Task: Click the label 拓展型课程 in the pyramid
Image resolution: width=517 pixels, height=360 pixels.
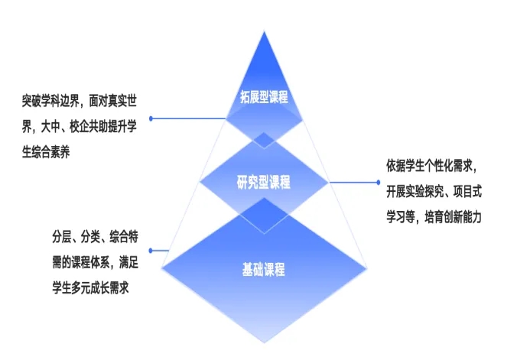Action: [x=264, y=97]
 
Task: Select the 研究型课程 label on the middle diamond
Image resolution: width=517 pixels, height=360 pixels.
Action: [x=263, y=182]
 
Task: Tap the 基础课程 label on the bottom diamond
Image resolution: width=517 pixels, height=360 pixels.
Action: [x=263, y=269]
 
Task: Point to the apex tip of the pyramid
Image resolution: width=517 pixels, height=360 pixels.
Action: [x=264, y=31]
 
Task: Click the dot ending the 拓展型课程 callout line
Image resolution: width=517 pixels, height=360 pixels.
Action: [x=151, y=118]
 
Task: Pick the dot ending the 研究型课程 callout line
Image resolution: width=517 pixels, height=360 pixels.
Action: [x=378, y=182]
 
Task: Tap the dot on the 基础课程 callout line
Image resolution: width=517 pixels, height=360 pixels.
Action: [x=151, y=251]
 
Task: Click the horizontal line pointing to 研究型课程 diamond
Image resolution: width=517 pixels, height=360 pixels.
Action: [x=354, y=182]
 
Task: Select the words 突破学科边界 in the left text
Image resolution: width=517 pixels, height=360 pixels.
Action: [x=50, y=101]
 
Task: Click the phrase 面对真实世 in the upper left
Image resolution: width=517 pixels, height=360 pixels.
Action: [x=113, y=101]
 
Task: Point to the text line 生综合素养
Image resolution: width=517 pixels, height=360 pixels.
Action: [x=46, y=152]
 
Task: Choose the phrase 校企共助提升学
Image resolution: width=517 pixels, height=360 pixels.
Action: [x=103, y=127]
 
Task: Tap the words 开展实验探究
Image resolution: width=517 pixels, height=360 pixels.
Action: [x=415, y=191]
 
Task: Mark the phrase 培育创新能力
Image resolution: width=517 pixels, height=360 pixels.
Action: [x=453, y=217]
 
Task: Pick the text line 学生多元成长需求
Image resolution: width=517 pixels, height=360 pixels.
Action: [x=91, y=288]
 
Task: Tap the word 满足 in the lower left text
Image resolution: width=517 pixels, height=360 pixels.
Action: [x=128, y=262]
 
